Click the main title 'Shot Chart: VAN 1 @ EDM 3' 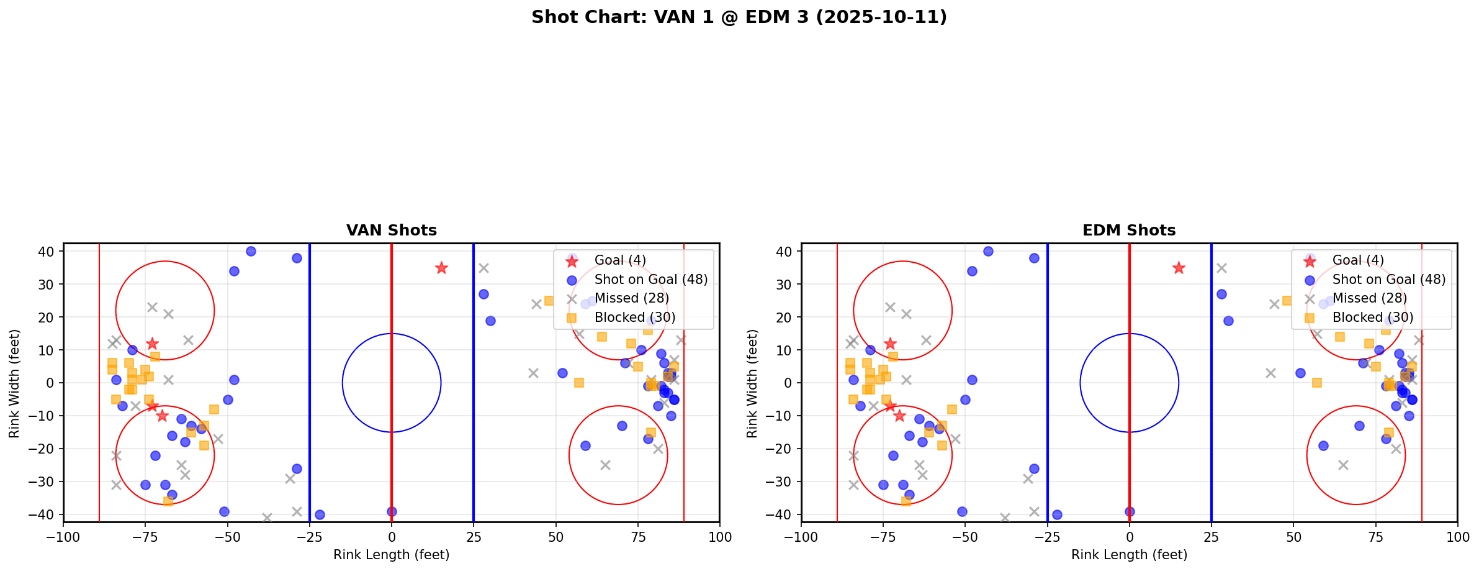tap(739, 17)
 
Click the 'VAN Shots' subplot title tap(391, 231)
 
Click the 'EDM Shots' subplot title tap(1129, 231)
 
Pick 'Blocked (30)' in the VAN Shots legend tap(634, 317)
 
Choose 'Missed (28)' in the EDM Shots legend tap(1369, 298)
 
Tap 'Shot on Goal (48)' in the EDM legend tap(1388, 280)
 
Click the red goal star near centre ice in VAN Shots tap(441, 268)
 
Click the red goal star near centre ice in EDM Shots tap(1179, 268)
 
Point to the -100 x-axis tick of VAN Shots tap(63, 537)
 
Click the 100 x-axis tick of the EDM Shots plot tap(1457, 537)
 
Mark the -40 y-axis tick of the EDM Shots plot tap(782, 514)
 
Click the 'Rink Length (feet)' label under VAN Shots tap(391, 555)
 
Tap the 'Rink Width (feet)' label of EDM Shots tap(752, 383)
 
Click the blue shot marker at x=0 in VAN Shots tap(392, 511)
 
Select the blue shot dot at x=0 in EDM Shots tap(1130, 511)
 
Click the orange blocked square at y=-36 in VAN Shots tap(168, 501)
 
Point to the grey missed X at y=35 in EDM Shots tap(1221, 268)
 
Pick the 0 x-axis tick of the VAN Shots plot tap(392, 537)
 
